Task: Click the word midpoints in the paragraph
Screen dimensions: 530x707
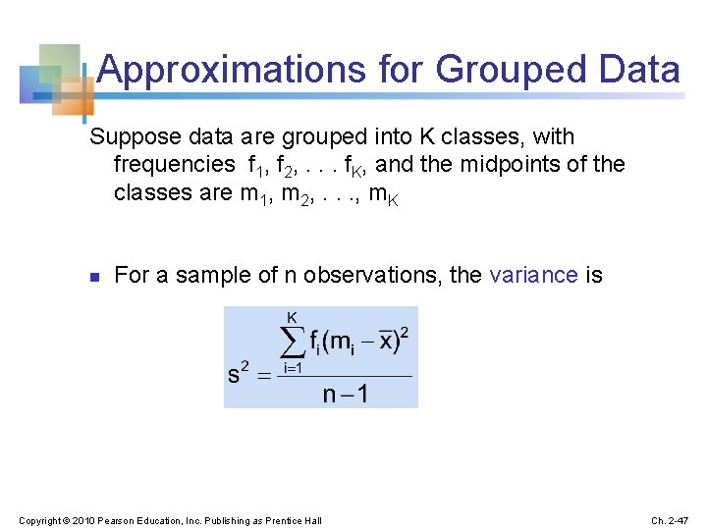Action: click(x=507, y=164)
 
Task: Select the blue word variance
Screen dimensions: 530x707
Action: click(x=533, y=275)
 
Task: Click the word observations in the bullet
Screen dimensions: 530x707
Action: click(x=370, y=275)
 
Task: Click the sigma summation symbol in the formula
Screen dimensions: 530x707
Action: click(x=293, y=344)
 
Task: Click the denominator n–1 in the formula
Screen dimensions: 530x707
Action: click(x=345, y=395)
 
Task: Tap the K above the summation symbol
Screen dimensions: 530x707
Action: click(x=292, y=317)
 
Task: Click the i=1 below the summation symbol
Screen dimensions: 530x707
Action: click(x=292, y=368)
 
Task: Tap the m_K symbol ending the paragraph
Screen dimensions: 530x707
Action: click(x=385, y=193)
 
